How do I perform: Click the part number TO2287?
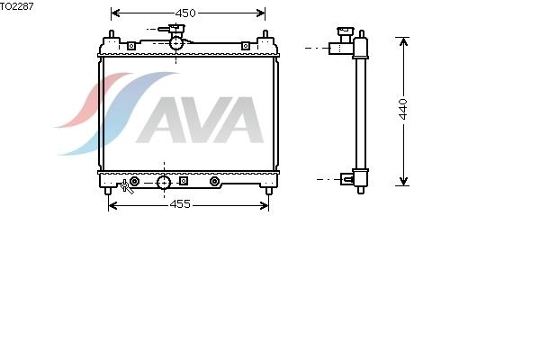(16, 6)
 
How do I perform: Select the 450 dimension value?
(185, 13)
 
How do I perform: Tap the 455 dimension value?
(180, 204)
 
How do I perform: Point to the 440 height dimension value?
(403, 109)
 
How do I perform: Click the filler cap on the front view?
(172, 29)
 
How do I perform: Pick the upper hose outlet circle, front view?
(176, 43)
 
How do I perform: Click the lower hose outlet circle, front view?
(164, 183)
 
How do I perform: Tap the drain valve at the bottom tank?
(126, 186)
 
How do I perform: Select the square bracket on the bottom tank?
(184, 181)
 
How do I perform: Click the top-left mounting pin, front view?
(112, 34)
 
